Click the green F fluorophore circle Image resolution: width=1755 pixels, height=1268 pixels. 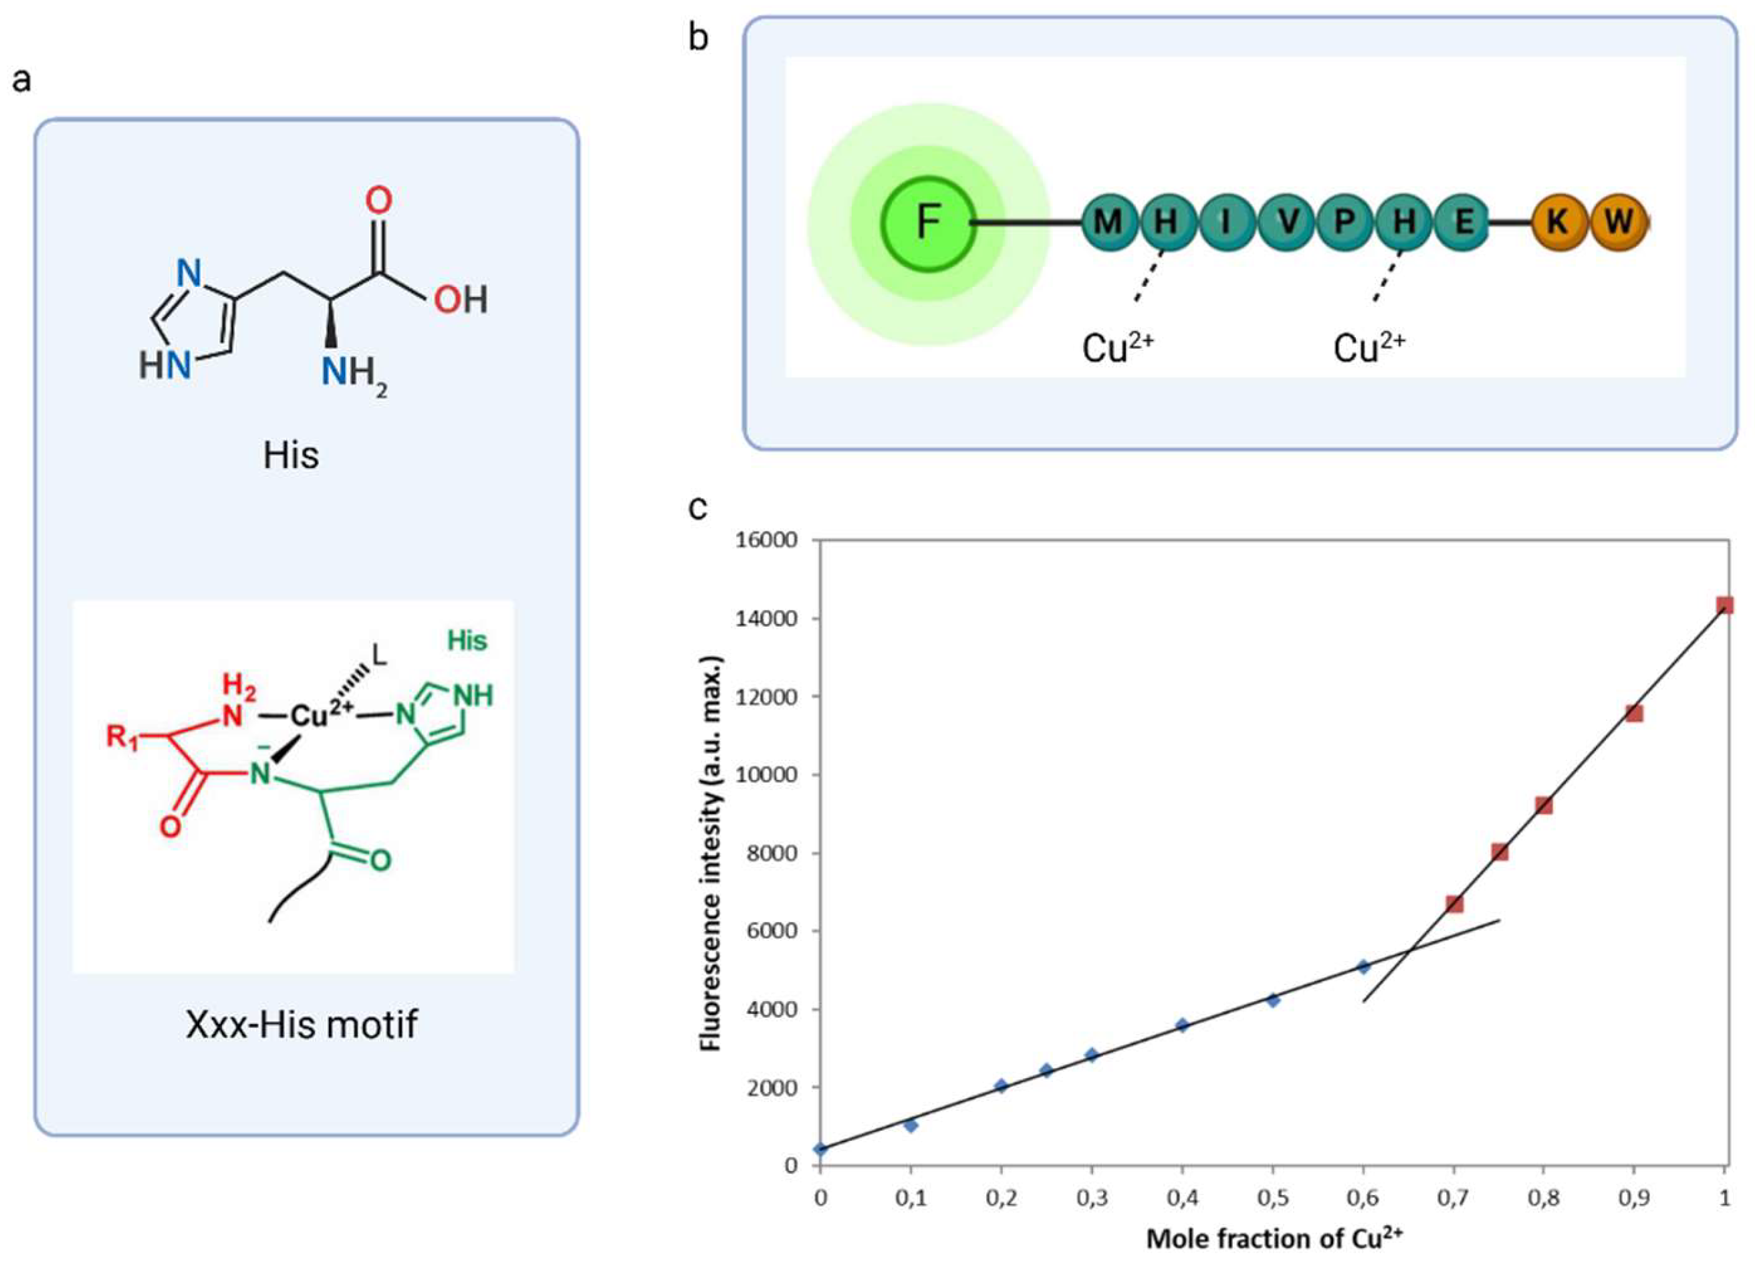pos(928,223)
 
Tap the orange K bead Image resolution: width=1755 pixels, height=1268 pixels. pos(1558,222)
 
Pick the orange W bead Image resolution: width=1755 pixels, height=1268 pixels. pos(1617,222)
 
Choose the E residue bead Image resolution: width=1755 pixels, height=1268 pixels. pos(1463,222)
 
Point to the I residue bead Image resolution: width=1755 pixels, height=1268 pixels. pos(1226,222)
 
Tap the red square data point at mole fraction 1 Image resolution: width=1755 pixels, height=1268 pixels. pos(1724,605)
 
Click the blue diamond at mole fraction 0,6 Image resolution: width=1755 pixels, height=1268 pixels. pos(1363,966)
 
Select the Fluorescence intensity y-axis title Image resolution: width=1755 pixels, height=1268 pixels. pos(711,851)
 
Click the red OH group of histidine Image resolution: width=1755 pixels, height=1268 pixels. pos(461,300)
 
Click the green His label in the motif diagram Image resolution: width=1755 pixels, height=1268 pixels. pos(467,641)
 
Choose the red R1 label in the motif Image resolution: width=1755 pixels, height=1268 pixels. pos(122,737)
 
